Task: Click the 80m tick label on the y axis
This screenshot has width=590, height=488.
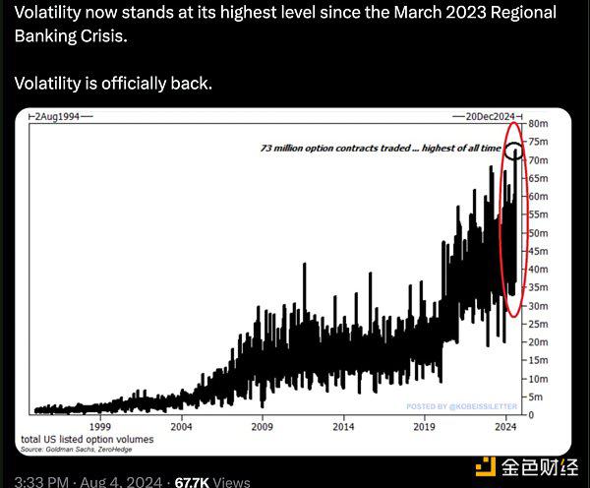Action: click(538, 124)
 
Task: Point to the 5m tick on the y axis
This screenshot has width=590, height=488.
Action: click(535, 396)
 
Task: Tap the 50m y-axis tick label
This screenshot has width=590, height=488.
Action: click(538, 233)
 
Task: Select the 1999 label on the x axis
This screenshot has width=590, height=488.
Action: click(99, 427)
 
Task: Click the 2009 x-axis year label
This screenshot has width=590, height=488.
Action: click(262, 427)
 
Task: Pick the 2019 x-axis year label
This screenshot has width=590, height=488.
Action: click(425, 427)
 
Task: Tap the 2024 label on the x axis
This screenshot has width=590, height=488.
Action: click(504, 427)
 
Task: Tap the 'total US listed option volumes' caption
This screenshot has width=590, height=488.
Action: click(87, 439)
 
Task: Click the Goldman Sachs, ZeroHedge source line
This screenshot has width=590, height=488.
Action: click(77, 449)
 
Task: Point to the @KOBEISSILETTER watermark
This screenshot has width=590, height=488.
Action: click(461, 406)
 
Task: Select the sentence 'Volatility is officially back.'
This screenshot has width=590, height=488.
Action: click(112, 83)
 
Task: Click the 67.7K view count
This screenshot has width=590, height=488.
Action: click(191, 482)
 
